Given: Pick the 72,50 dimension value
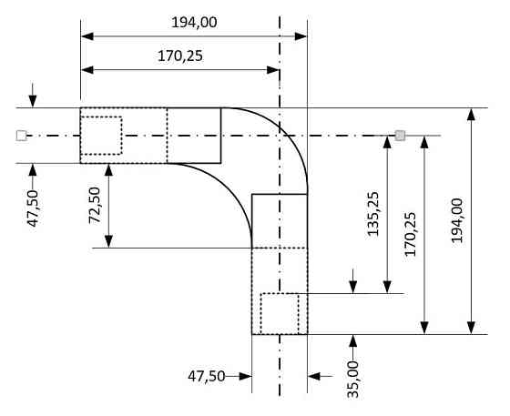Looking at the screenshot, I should coord(94,205).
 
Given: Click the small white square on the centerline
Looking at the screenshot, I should coord(22,136).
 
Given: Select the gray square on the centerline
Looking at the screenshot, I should coord(399,136).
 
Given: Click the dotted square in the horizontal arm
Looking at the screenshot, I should coord(101,136).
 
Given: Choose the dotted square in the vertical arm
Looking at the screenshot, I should coord(280,312).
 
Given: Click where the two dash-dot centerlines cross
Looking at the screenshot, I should coord(280,136).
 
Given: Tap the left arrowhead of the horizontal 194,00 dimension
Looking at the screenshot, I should coord(87,36).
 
